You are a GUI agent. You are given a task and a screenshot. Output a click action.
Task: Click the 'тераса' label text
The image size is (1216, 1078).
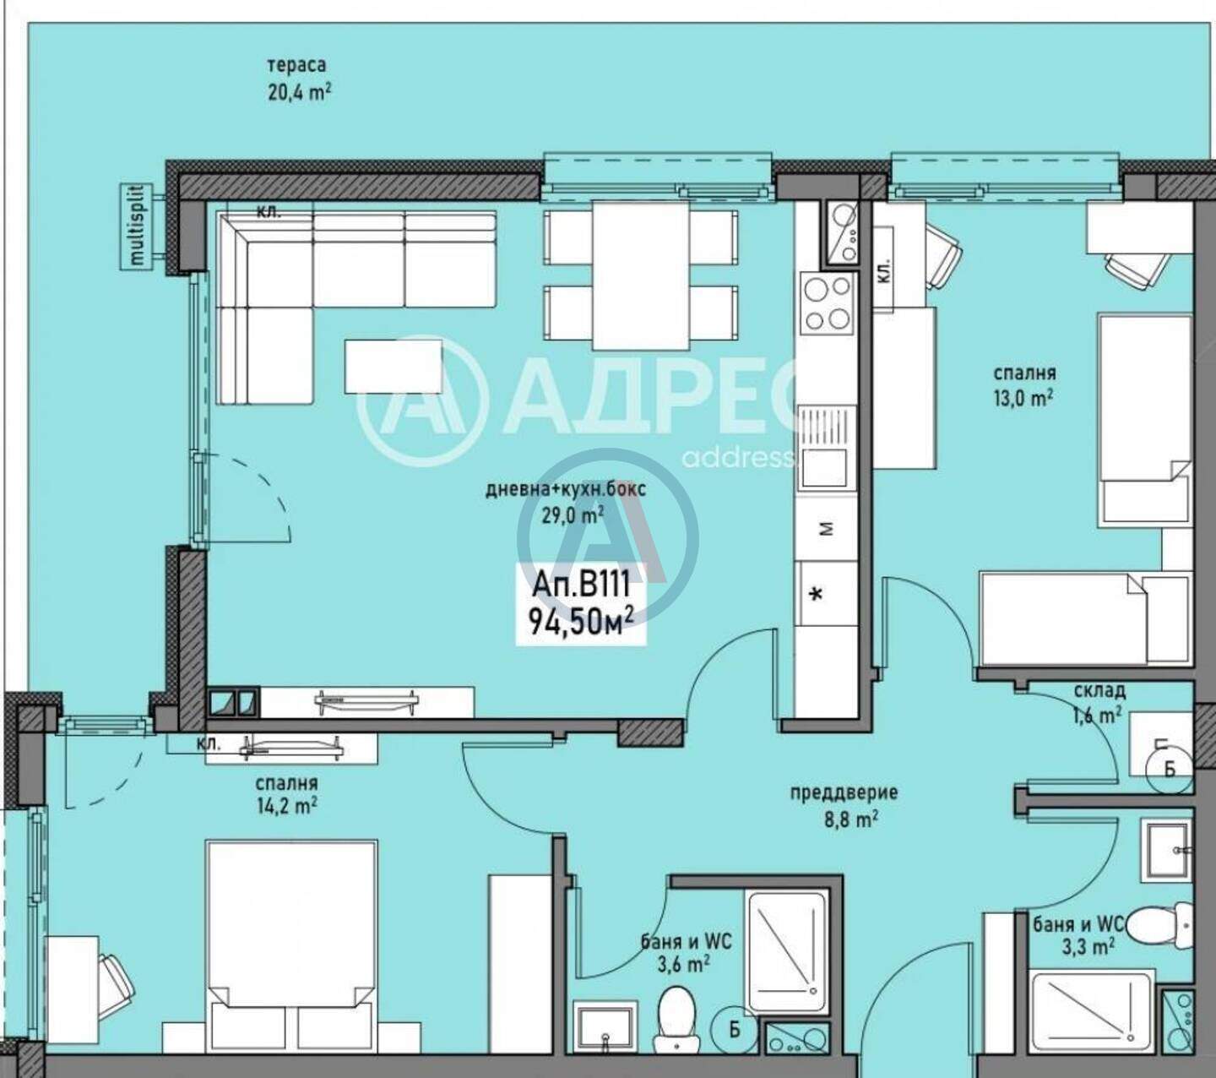tap(296, 65)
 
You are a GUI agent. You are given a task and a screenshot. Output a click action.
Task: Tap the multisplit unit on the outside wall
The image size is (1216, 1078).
tap(138, 227)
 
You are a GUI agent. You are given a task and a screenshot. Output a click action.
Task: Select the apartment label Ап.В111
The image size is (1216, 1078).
tap(581, 585)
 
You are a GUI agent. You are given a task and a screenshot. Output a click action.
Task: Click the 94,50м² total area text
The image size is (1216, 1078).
tap(581, 622)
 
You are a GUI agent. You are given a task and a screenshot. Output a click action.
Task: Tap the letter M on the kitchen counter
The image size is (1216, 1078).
tap(827, 529)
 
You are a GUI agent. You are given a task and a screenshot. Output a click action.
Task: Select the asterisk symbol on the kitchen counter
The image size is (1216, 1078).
tap(817, 594)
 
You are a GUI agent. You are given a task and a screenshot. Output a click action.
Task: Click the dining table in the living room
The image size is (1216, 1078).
tap(640, 275)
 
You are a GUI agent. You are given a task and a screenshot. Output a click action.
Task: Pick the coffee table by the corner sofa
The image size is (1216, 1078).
tap(394, 367)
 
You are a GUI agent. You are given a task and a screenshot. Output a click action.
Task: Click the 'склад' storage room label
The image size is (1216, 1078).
tap(1100, 691)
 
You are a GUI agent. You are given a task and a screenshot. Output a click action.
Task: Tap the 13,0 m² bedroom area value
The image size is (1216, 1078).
tap(1024, 399)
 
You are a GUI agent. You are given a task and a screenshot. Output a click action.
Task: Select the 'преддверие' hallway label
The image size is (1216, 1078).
tap(844, 792)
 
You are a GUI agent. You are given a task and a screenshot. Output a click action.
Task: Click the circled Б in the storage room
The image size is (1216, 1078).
tap(1170, 770)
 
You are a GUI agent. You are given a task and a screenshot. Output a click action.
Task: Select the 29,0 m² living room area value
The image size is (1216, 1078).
tap(573, 515)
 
